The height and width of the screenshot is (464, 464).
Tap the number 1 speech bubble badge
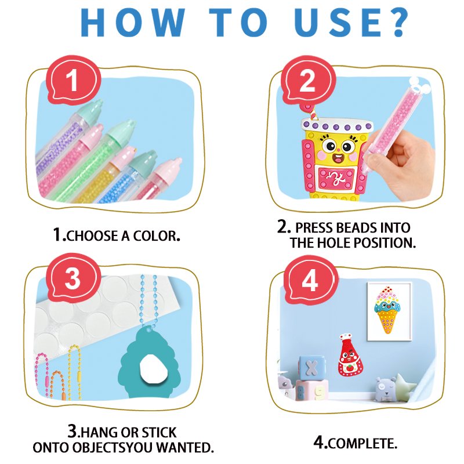[x=71, y=81]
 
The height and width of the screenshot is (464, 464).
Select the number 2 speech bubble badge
[x=307, y=81]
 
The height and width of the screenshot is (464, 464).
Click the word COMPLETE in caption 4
[x=363, y=444]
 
